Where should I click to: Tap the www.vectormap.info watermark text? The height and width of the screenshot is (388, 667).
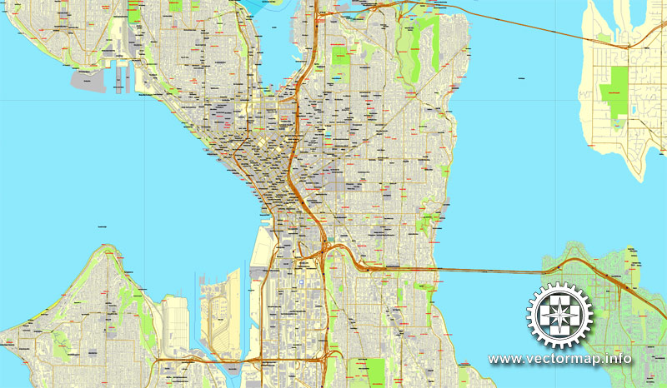(x=559, y=359)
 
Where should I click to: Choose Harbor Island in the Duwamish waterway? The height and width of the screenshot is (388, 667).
(x=221, y=308)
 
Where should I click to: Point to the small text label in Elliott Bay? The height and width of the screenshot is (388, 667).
(x=103, y=225)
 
